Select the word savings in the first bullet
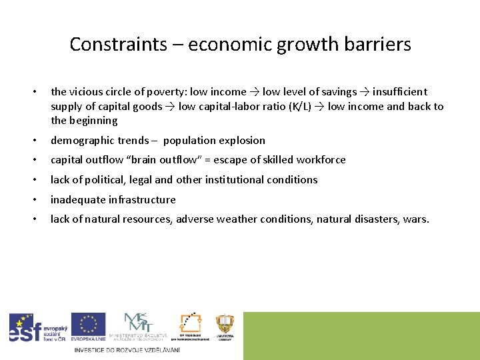coord(338,92)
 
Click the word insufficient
coord(400,92)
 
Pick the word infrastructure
coord(142,200)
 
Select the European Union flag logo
coord(88,327)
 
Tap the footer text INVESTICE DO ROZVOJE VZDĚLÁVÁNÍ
coord(127,350)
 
